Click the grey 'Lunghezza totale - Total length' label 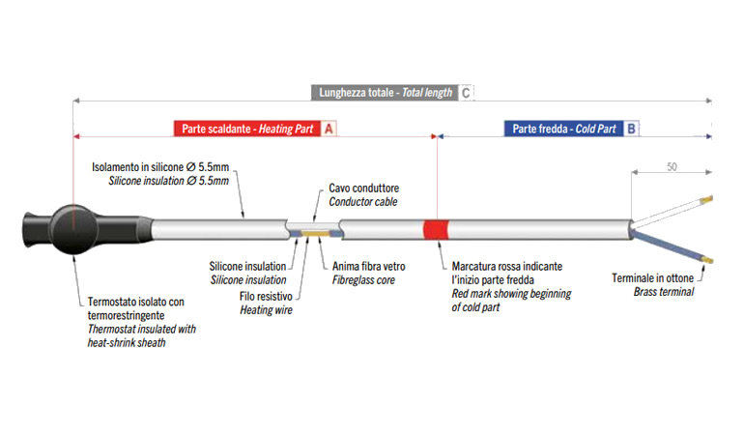coord(384,94)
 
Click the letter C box coord(466,94)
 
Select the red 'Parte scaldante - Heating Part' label coord(245,129)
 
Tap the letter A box coord(329,129)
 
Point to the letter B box coord(631,129)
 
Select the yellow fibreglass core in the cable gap coord(315,232)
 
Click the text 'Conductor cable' coord(363,202)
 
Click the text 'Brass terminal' coord(664,291)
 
